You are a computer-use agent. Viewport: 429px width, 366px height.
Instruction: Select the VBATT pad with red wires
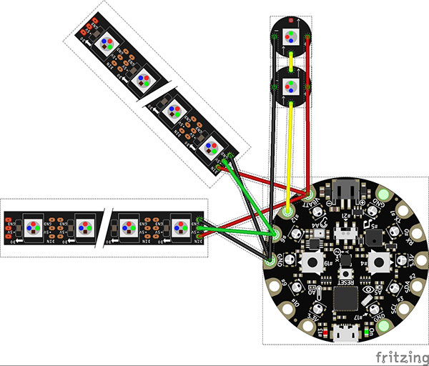309,194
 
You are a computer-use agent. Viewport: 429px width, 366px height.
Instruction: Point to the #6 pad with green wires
275,234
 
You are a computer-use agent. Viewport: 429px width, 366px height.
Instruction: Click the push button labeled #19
312,262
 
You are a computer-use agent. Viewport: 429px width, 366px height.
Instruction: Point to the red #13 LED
322,333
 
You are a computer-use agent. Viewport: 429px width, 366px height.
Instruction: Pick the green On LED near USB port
368,333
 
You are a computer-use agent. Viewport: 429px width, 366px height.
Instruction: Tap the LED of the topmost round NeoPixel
290,36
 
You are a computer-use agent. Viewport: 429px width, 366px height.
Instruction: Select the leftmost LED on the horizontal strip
33,228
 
